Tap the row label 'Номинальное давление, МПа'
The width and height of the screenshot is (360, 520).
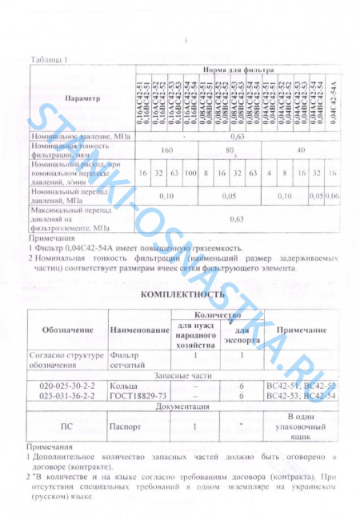click(x=81, y=137)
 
